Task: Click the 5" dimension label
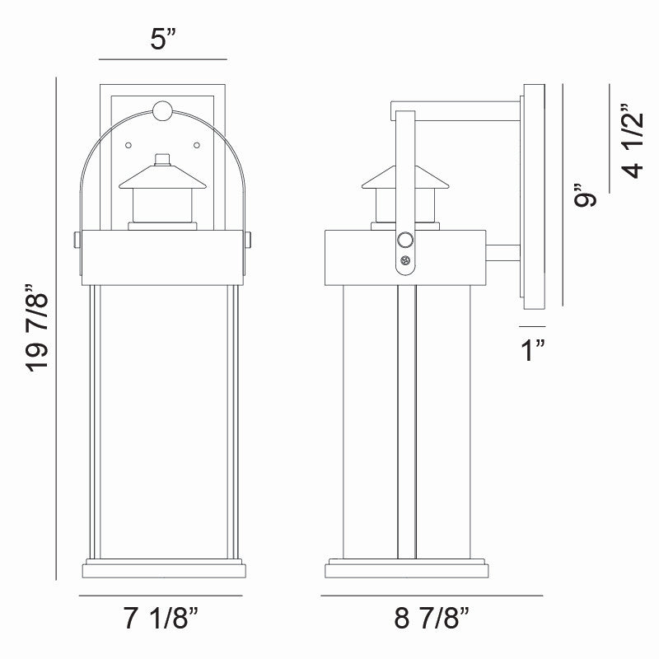(x=161, y=40)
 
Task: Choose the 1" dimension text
(x=535, y=350)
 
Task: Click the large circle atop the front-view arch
(x=164, y=110)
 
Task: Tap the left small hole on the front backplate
(x=128, y=146)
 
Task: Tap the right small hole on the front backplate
(x=198, y=146)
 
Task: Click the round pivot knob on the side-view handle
(x=404, y=241)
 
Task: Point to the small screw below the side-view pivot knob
(x=404, y=261)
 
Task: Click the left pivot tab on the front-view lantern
(x=76, y=240)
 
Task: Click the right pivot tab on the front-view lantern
(x=250, y=240)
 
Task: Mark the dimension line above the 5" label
(x=161, y=59)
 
